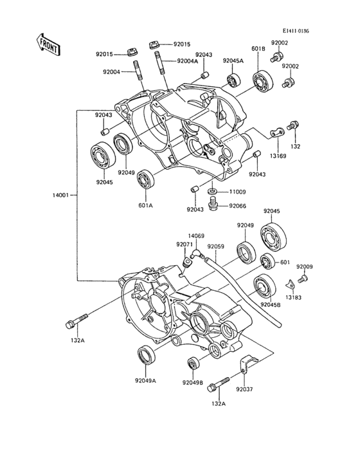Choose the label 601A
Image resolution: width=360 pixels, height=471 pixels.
coord(145,206)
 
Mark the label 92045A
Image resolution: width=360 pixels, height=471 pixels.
coord(233,60)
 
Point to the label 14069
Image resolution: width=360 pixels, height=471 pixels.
coord(196,236)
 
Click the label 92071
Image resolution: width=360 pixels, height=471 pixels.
coord(185,245)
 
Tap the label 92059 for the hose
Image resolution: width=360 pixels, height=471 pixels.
coord(215,246)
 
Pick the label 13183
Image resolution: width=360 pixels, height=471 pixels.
coord(294,298)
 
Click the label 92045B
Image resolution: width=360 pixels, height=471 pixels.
coord(271,304)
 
